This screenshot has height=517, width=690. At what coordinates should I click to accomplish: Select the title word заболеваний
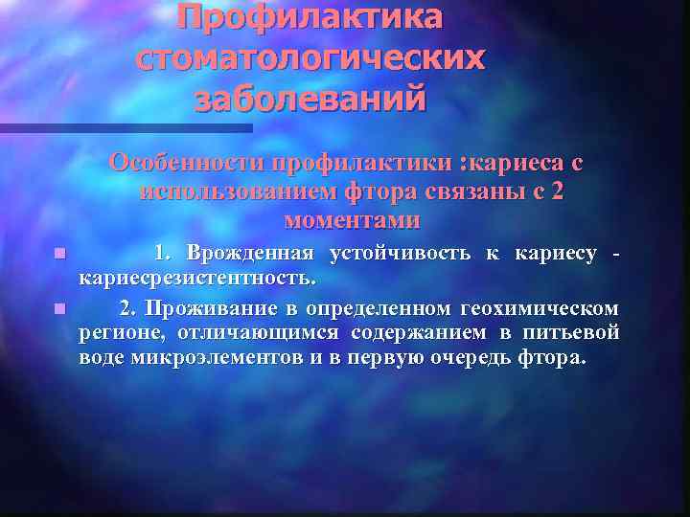coord(310,99)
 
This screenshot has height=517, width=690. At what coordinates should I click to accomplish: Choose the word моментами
coord(352,220)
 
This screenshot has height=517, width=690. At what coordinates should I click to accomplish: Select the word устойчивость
coord(400,254)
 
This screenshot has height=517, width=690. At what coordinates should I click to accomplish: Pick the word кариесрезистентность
coord(196,279)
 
